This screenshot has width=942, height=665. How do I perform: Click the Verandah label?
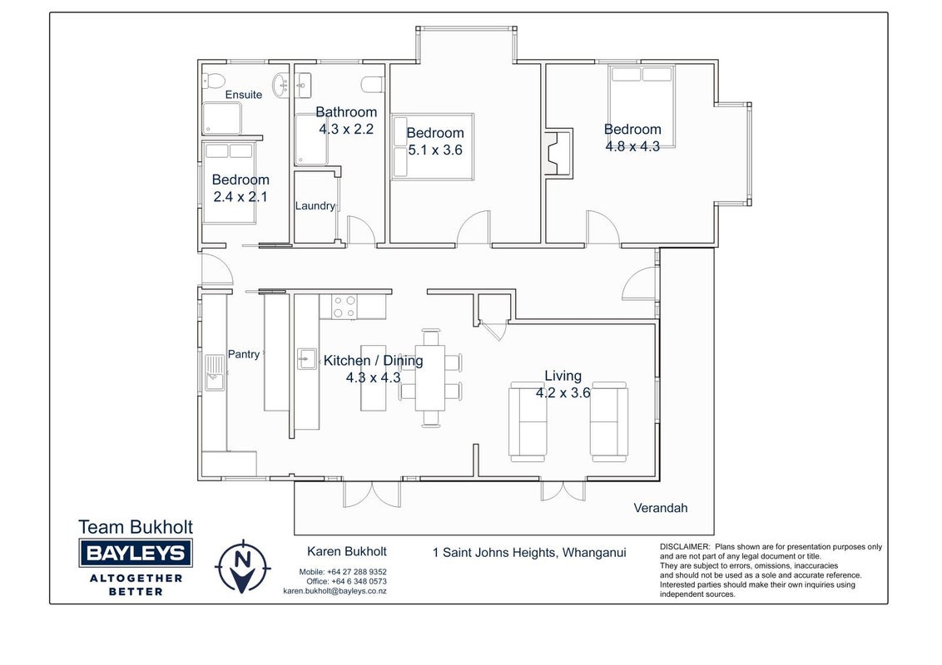tap(660, 509)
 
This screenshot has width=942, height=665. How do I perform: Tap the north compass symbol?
tap(243, 567)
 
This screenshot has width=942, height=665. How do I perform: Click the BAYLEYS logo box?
tap(136, 553)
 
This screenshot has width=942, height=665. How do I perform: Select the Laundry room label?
tap(315, 206)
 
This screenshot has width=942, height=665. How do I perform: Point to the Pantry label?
tap(243, 354)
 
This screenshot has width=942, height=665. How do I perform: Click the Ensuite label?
tap(243, 95)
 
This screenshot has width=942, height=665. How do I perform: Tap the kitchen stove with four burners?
tap(345, 307)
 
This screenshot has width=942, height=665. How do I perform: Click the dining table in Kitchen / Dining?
tap(431, 377)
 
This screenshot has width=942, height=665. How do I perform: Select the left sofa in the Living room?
tap(528, 421)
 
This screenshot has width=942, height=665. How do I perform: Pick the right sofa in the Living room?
tap(609, 421)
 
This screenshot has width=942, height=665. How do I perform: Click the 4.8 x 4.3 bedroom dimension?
tap(632, 146)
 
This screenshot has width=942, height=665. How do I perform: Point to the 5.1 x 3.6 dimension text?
tap(435, 150)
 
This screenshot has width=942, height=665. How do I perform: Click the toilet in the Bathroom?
tap(373, 85)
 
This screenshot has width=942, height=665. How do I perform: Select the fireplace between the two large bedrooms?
tap(558, 152)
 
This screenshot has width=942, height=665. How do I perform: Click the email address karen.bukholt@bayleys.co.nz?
tap(335, 591)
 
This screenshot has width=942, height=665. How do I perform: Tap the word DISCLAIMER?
tap(685, 547)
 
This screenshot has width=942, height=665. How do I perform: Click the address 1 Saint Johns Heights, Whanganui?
tap(529, 553)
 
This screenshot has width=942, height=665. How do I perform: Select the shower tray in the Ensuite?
tap(221, 118)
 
